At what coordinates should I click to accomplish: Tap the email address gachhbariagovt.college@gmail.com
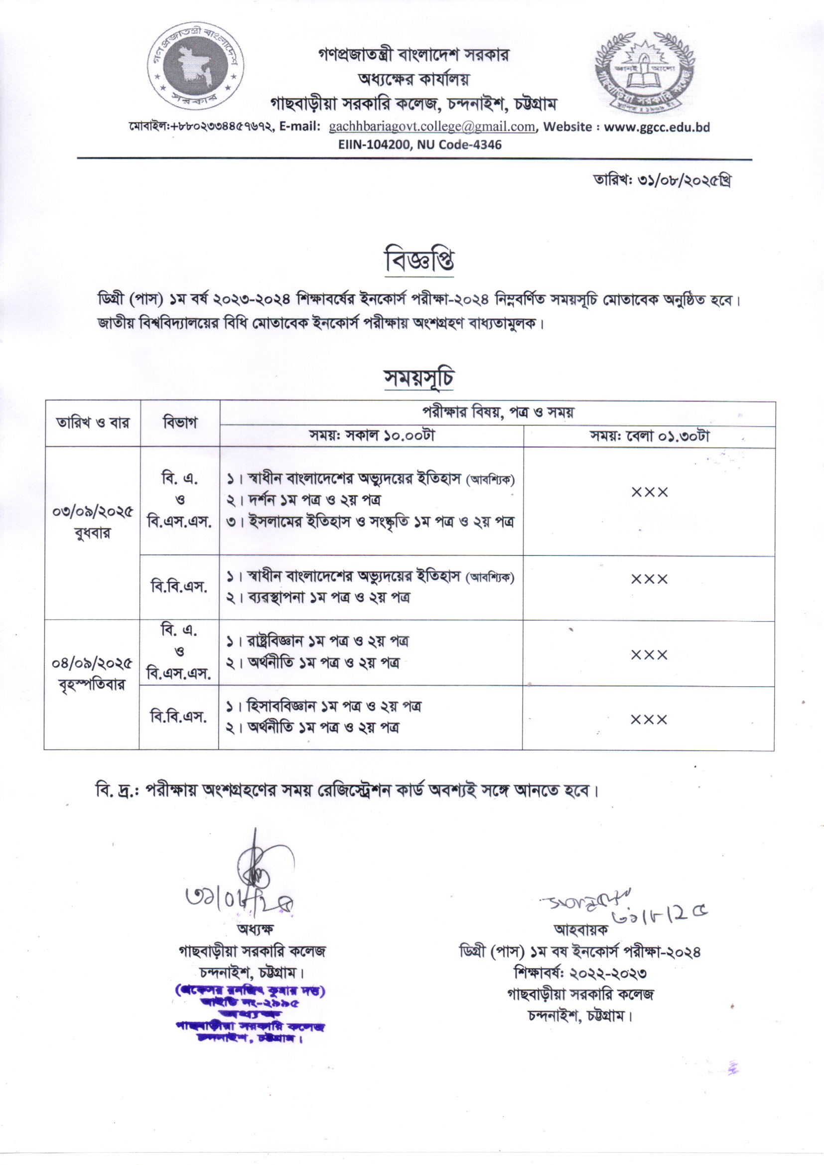(432, 127)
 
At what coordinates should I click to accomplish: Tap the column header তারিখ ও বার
(93, 423)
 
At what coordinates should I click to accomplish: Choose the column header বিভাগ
(180, 423)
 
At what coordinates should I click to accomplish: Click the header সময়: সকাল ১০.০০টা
(372, 437)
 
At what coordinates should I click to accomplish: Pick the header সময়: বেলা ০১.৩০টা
(649, 437)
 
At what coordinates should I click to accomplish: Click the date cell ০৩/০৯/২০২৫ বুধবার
(92, 523)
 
